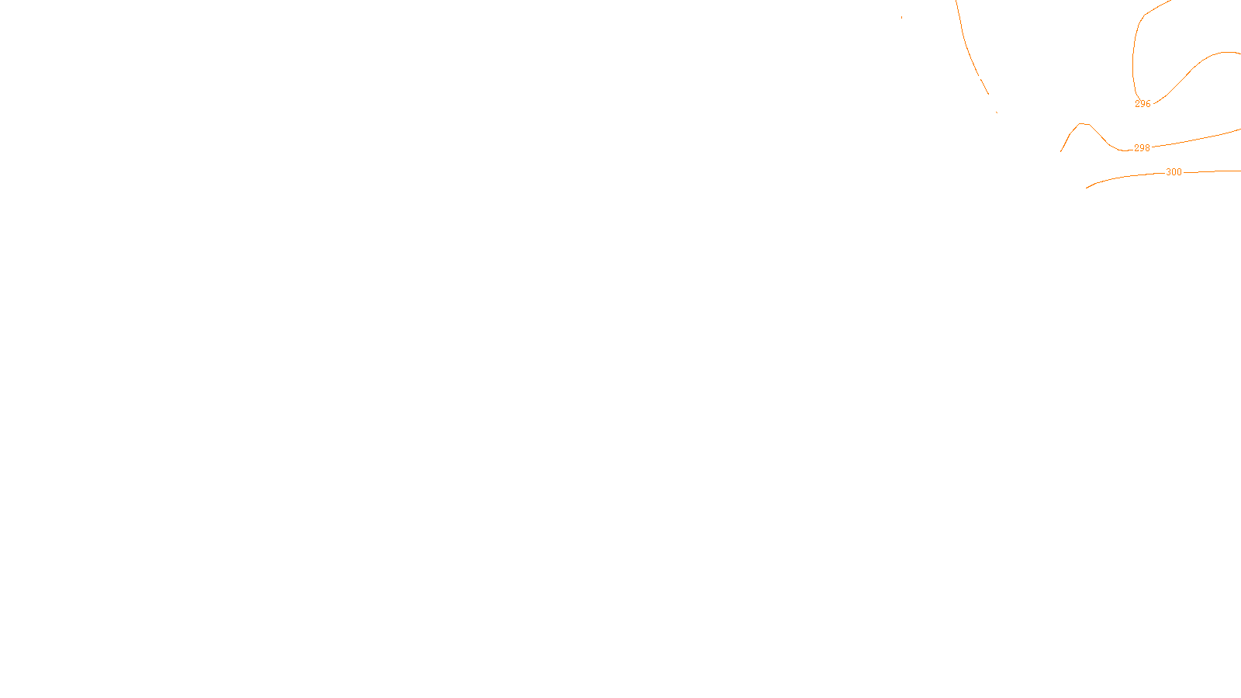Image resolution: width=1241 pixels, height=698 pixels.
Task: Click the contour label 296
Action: [1142, 104]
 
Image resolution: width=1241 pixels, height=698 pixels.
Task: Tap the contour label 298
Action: [1142, 148]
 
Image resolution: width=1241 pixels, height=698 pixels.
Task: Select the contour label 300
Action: [1174, 172]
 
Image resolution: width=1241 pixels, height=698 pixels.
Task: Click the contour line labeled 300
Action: [1125, 177]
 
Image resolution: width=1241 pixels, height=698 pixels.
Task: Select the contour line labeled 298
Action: [1194, 140]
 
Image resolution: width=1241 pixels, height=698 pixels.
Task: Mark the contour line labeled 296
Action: [1187, 74]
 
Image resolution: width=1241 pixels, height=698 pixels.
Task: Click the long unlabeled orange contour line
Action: [966, 47]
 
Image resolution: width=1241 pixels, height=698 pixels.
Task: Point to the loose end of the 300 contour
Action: [1087, 188]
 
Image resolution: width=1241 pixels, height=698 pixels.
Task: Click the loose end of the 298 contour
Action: [1061, 151]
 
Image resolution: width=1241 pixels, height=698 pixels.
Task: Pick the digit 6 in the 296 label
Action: [1148, 104]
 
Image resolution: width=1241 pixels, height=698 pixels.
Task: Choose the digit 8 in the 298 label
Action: [1147, 148]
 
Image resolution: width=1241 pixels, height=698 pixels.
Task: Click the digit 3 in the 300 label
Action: [1168, 172]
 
